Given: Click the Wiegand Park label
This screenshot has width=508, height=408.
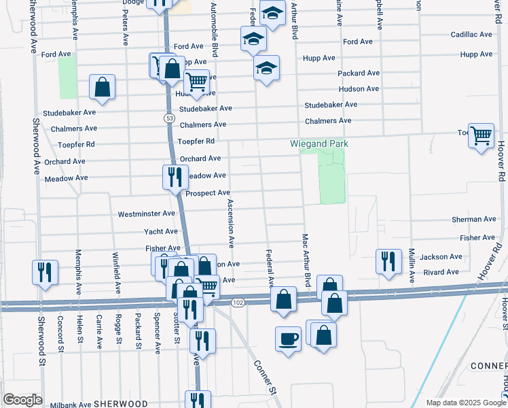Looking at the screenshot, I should click(319, 143).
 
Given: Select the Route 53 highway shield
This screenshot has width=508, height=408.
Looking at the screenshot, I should click(168, 118).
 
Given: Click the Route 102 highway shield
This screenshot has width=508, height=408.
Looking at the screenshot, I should click(236, 301).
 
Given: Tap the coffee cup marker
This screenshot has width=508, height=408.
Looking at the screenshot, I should click(288, 338).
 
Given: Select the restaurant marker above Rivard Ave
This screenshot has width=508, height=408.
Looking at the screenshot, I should click(388, 261).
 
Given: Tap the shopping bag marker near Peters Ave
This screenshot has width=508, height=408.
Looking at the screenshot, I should click(102, 87).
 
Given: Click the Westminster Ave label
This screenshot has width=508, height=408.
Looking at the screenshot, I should click(147, 214).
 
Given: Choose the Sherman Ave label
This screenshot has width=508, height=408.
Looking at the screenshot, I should click(474, 220).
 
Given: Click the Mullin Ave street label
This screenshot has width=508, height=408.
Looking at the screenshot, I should click(412, 266).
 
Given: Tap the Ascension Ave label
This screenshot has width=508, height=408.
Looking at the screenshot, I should click(230, 222).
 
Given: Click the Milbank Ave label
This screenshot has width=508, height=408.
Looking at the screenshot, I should click(71, 403).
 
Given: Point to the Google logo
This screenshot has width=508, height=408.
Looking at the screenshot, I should click(22, 400).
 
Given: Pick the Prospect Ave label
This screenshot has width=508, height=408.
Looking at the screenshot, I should click(208, 193).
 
